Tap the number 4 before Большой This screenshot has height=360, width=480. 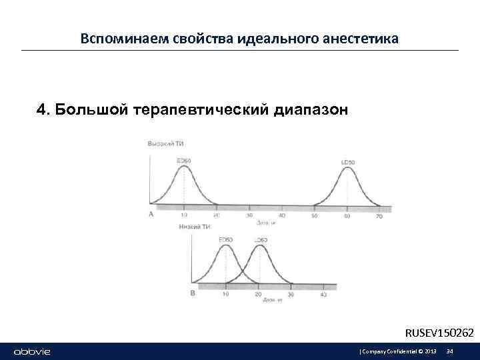click(x=41, y=109)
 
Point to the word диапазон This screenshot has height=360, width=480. click(x=310, y=109)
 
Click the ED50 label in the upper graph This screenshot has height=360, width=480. click(x=183, y=161)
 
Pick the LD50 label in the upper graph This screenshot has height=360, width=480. click(x=347, y=162)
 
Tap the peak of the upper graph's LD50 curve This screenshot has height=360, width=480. click(x=347, y=168)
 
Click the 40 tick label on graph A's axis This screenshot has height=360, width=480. click(x=282, y=215)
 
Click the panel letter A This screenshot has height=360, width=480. click(x=151, y=214)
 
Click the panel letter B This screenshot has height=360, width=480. click(x=193, y=293)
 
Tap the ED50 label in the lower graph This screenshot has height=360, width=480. click(x=226, y=239)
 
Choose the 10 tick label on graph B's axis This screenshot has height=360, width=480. click(x=226, y=294)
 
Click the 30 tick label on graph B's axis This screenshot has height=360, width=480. click(x=291, y=294)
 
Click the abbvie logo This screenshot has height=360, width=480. click(x=32, y=351)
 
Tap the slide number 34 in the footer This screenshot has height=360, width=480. click(x=449, y=351)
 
